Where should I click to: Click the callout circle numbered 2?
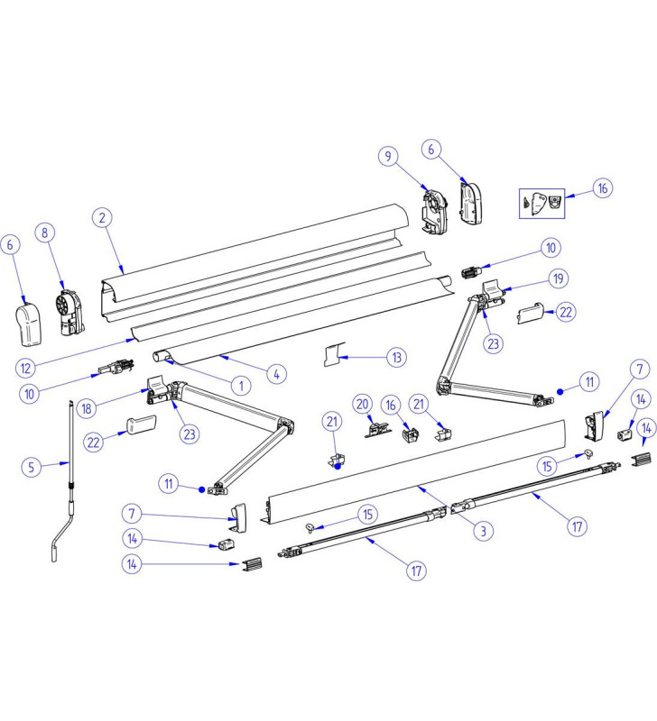pyautogui.click(x=103, y=217)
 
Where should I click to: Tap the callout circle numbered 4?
pyautogui.click(x=274, y=370)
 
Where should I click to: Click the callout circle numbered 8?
pyautogui.click(x=43, y=233)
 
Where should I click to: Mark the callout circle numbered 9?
pyautogui.click(x=389, y=157)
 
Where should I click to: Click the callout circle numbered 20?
pyautogui.click(x=363, y=403)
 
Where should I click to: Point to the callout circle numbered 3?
pyautogui.click(x=483, y=531)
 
